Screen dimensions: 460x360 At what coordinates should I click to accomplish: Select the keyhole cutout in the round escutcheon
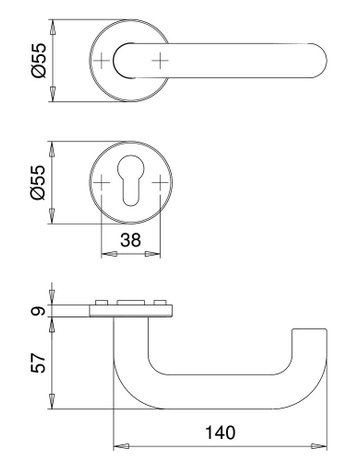point(131,179)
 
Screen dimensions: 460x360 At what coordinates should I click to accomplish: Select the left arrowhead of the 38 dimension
point(107,252)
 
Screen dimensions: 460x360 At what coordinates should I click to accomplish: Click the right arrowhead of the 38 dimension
point(155,252)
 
